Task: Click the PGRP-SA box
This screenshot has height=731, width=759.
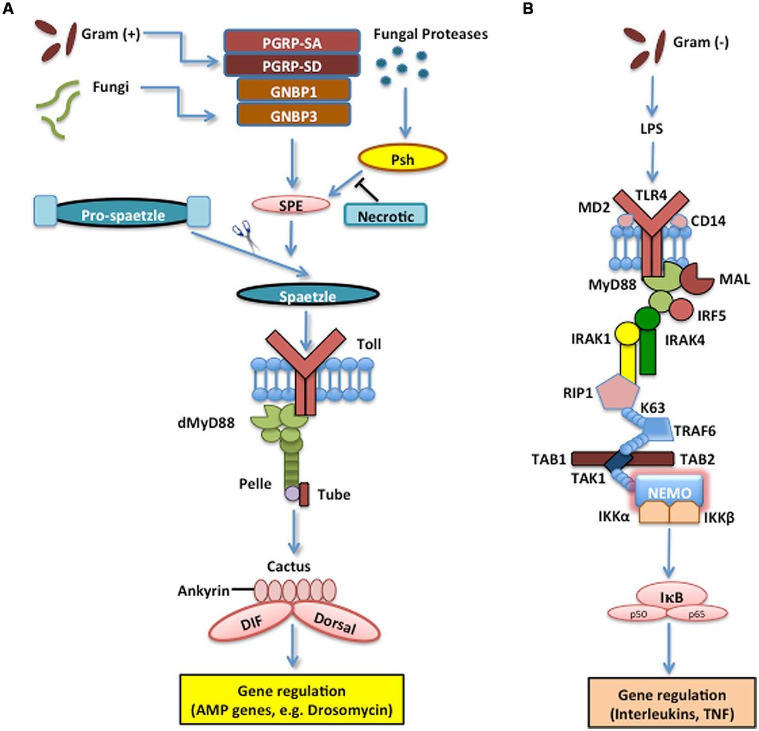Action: click(x=292, y=43)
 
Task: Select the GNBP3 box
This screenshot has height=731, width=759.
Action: click(x=293, y=116)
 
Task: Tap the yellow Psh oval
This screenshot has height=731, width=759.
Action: click(x=402, y=159)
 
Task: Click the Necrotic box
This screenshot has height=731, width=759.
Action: click(x=385, y=216)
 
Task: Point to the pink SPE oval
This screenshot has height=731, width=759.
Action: click(x=290, y=205)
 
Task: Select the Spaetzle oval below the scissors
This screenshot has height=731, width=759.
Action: click(x=308, y=295)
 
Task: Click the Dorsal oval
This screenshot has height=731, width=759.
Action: click(x=335, y=623)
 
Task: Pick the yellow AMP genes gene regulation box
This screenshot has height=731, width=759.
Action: click(x=292, y=699)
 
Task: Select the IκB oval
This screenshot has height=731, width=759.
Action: click(x=671, y=596)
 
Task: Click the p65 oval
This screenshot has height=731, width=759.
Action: click(x=696, y=614)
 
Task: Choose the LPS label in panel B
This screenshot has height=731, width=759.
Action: click(x=651, y=128)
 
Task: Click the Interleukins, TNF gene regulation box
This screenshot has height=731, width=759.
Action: click(x=671, y=704)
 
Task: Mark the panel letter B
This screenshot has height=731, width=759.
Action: click(x=528, y=9)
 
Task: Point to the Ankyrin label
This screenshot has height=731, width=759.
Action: click(x=204, y=590)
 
